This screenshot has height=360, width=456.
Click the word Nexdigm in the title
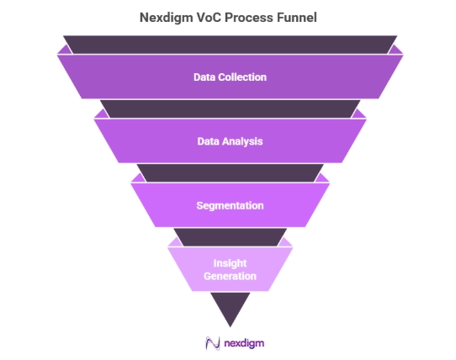click(166, 18)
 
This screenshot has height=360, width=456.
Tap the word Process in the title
click(249, 18)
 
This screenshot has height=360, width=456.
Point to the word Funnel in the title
click(297, 18)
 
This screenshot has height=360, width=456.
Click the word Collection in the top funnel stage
click(242, 77)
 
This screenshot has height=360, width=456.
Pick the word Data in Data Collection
click(204, 77)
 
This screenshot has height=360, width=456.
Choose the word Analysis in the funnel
click(242, 141)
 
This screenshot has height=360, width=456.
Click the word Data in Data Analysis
click(208, 141)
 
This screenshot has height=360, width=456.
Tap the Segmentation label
click(230, 206)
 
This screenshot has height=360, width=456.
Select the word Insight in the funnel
click(230, 263)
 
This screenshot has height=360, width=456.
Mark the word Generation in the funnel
click(230, 276)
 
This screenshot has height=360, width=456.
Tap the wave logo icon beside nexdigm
click(213, 343)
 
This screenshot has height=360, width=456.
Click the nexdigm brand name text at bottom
click(244, 343)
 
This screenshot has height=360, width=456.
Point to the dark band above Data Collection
click(230, 45)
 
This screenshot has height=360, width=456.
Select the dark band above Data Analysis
click(230, 109)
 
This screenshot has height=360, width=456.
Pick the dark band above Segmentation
click(230, 173)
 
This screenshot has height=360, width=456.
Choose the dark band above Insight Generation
click(230, 237)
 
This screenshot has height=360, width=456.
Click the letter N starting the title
click(144, 18)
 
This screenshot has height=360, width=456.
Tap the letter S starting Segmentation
click(199, 205)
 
